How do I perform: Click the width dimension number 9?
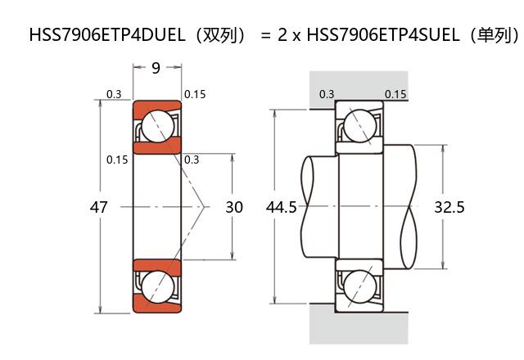pos(156,69)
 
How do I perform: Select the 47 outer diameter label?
pos(98,208)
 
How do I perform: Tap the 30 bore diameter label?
pos(234,208)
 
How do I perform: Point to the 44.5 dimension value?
pos(282,208)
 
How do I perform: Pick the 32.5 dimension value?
pos(449,208)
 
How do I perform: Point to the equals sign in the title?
pos(264,35)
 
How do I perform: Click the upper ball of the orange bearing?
pos(156,126)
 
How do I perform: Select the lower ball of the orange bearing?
pos(156,287)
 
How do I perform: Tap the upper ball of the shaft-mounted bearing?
pos(359,126)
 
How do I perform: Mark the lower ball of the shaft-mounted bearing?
pos(359,287)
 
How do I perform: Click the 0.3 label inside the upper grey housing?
pos(327,94)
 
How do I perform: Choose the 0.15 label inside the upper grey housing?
pos(395,94)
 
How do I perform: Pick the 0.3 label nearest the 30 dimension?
pos(192,160)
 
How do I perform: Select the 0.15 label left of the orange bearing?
pos(117,160)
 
